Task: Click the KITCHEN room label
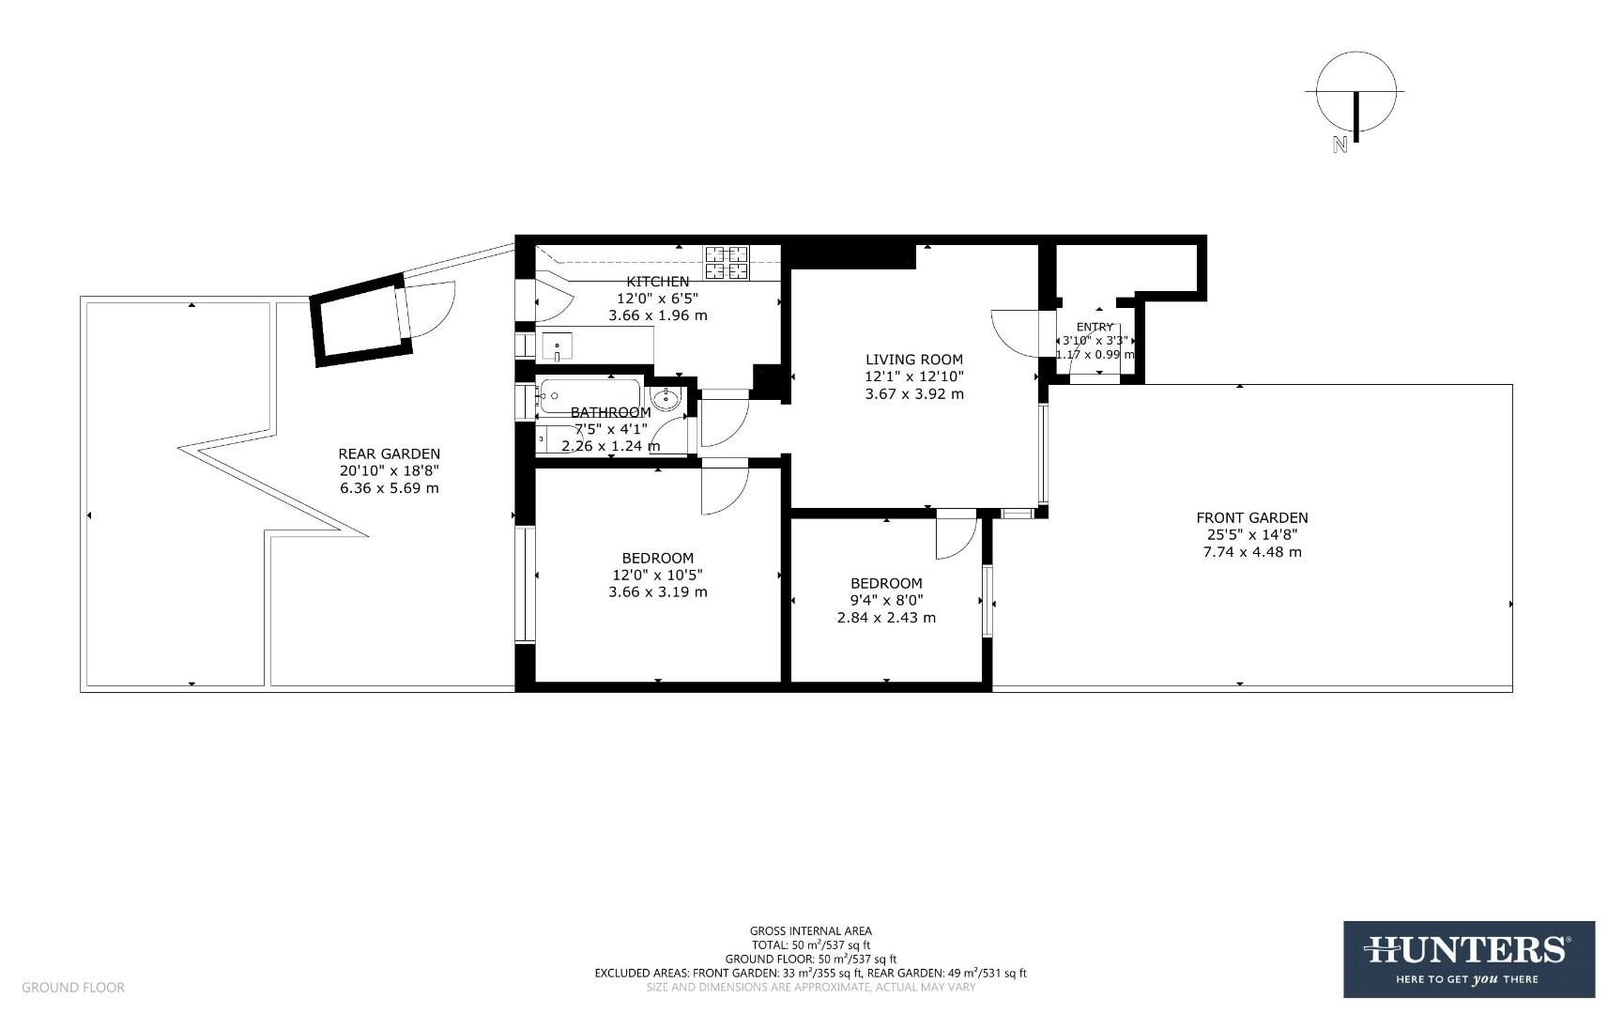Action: [657, 281]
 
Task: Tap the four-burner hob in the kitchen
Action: [727, 262]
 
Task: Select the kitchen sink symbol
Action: [558, 346]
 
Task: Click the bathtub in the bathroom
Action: [589, 395]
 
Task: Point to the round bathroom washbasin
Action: [666, 398]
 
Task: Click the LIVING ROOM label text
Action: [913, 359]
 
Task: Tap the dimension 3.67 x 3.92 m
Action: [913, 393]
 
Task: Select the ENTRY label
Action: [1095, 327]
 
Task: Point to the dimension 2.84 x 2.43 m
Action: [885, 618]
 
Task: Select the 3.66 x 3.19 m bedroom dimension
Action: [657, 591]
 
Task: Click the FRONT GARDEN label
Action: [1251, 517]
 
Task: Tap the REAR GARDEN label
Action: [389, 453]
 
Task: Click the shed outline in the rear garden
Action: [361, 319]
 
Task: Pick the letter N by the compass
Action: [1340, 145]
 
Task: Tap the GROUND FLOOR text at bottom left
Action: [72, 987]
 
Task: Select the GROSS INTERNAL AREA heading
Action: [810, 930]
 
